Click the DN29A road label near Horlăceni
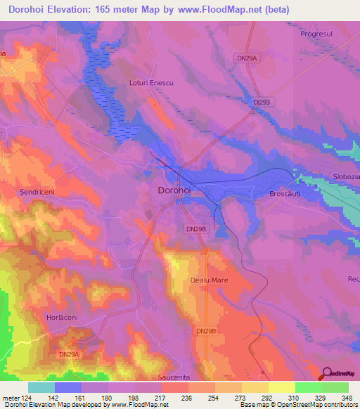coord(69,354)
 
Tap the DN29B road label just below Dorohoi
coord(195,229)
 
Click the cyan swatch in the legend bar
coord(41,387)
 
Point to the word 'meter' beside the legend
coord(11,398)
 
